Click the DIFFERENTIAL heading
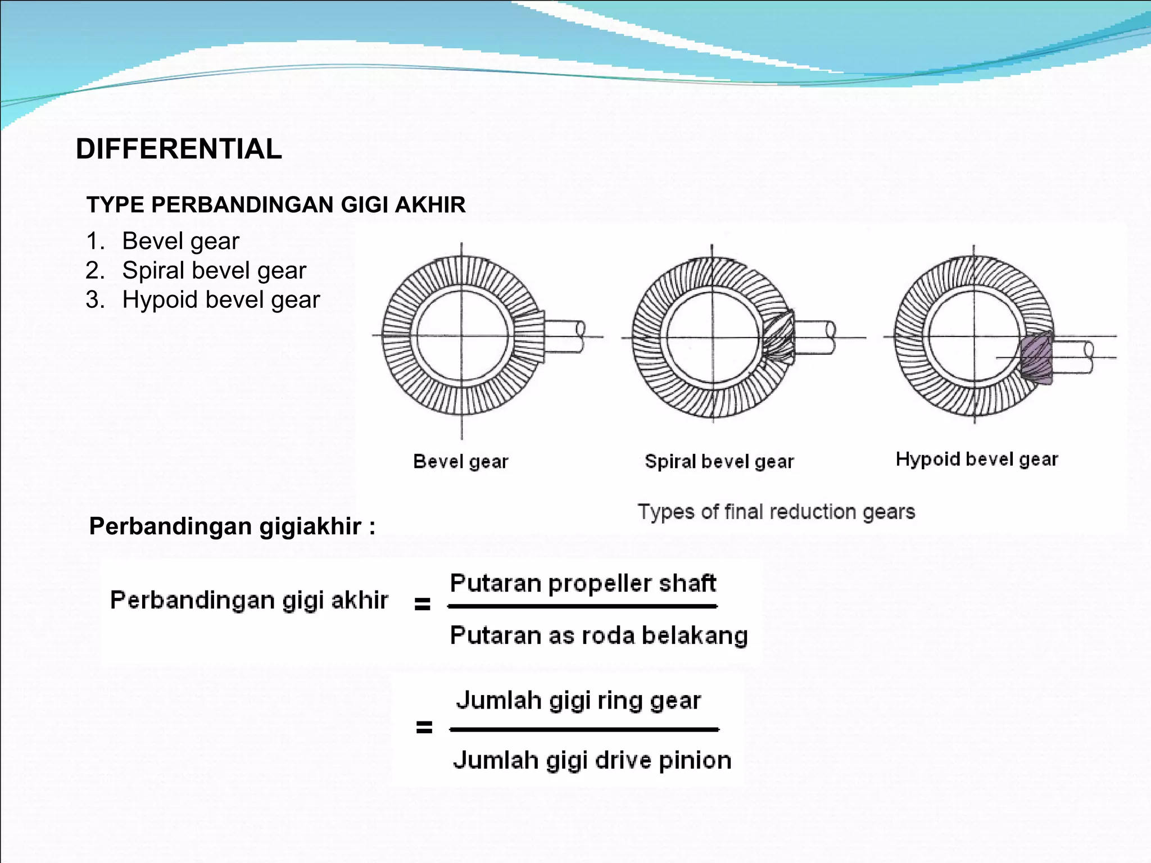[x=179, y=149]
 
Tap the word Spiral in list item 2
[x=151, y=270]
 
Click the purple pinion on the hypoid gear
[x=1036, y=358]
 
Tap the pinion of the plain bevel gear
[x=530, y=337]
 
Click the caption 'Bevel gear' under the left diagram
[x=460, y=462]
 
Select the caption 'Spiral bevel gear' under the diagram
[x=719, y=462]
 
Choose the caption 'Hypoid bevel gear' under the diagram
[x=976, y=460]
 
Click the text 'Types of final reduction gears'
[x=776, y=512]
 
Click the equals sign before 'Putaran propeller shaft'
[x=422, y=605]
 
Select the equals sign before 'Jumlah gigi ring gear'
[x=424, y=728]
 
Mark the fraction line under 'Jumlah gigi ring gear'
[x=584, y=730]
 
